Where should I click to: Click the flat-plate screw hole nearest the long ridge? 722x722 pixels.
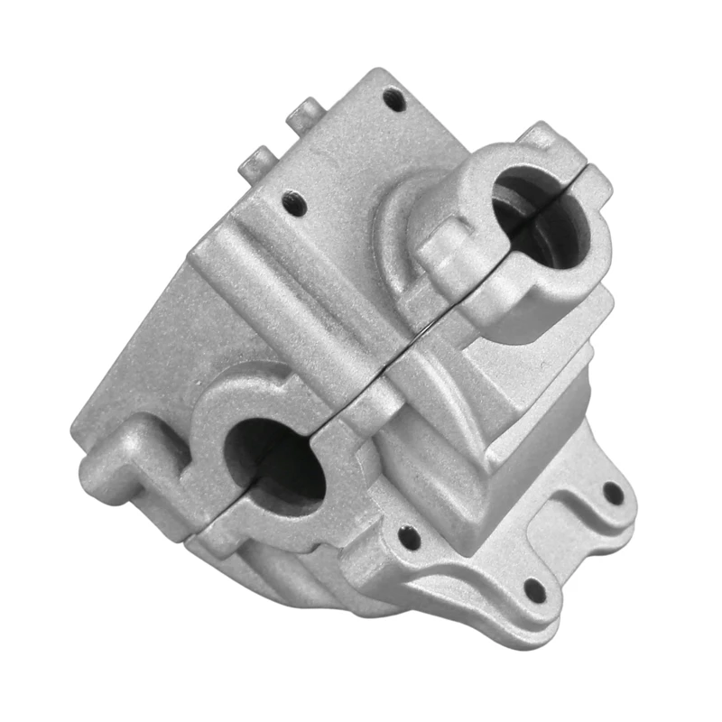(x=291, y=200)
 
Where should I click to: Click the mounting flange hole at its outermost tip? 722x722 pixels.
(x=613, y=493)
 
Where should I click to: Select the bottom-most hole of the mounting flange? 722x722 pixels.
(x=535, y=592)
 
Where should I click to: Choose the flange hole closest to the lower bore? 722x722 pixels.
(x=409, y=539)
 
